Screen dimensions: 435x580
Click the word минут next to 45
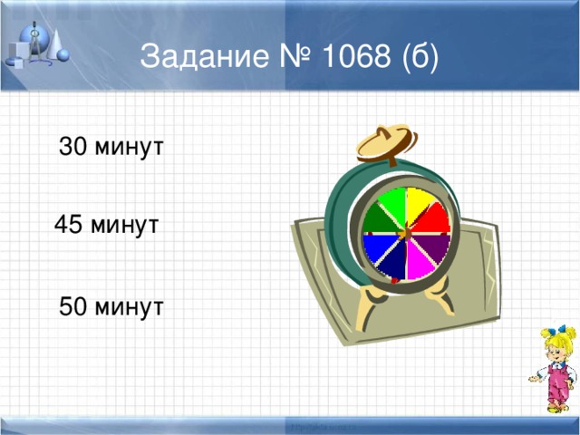point(126,225)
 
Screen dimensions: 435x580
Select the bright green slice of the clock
point(392,205)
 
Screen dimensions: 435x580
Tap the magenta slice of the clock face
point(420,263)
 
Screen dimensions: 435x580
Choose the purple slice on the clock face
point(436,246)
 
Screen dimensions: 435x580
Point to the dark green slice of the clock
point(378,220)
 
